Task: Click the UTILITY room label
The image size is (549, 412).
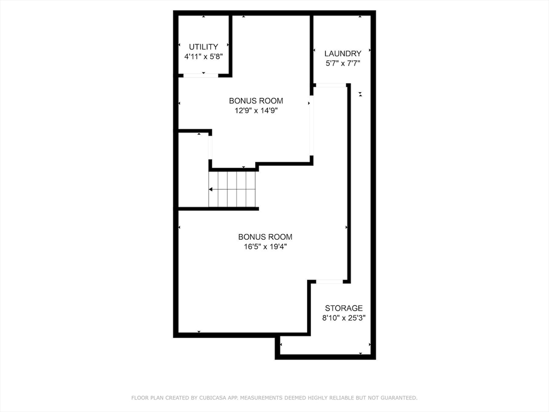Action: pyautogui.click(x=203, y=47)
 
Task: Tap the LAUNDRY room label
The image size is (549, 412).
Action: pyautogui.click(x=343, y=53)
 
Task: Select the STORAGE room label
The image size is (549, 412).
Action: pyautogui.click(x=344, y=308)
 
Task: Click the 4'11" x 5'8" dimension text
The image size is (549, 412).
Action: pyautogui.click(x=203, y=56)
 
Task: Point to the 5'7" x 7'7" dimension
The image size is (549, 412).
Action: pyautogui.click(x=343, y=63)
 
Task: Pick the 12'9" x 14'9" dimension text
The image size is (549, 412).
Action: pyautogui.click(x=256, y=111)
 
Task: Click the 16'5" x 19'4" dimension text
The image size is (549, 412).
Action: pyautogui.click(x=265, y=247)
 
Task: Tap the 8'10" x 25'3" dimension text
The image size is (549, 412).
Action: pyautogui.click(x=344, y=318)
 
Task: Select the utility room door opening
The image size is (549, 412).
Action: pyautogui.click(x=201, y=76)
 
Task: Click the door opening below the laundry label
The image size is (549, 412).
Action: pyautogui.click(x=330, y=85)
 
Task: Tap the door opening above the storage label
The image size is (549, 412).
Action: pyautogui.click(x=329, y=281)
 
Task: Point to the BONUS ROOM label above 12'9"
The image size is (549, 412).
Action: pyautogui.click(x=256, y=101)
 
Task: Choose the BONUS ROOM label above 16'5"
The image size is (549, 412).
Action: pyautogui.click(x=265, y=237)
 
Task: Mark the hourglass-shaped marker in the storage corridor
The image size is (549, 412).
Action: pyautogui.click(x=361, y=94)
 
